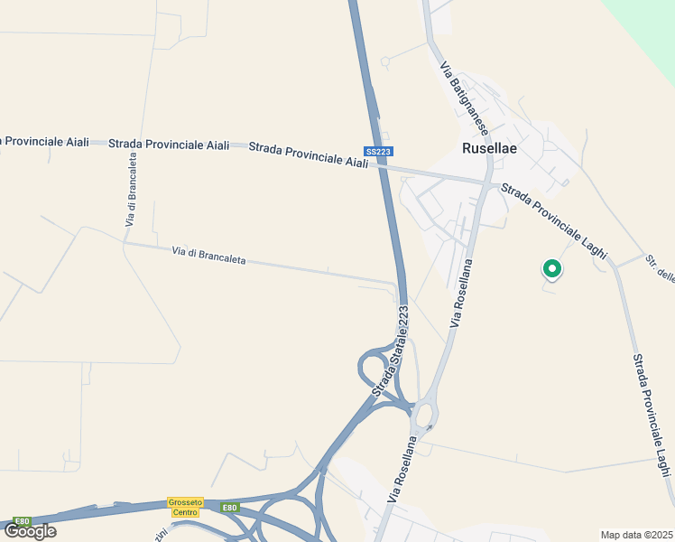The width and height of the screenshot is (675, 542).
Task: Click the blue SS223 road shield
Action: [379, 152]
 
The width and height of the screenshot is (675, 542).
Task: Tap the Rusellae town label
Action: [489, 149]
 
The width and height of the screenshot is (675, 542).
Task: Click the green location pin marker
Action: [551, 269]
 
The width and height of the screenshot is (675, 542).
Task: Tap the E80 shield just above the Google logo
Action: [22, 521]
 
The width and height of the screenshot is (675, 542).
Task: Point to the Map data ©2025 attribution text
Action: [636, 534]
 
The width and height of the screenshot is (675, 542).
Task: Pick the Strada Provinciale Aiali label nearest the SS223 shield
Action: [309, 154]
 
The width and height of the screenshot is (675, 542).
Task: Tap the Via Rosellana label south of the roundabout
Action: [403, 470]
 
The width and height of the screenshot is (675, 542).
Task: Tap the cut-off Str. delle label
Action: [660, 270]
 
